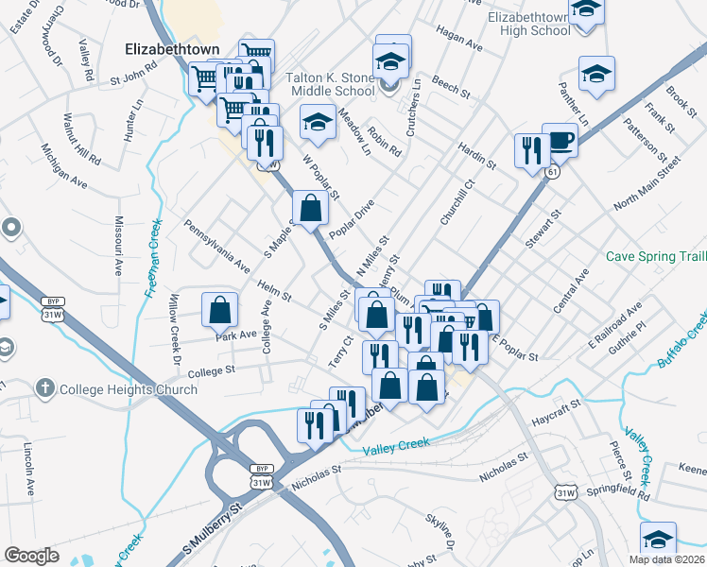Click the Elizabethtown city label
[172, 48]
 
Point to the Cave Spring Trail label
[655, 257]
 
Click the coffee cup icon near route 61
[560, 141]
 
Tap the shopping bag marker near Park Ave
[219, 309]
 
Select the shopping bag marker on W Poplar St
[310, 207]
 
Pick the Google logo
[32, 555]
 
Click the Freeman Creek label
[153, 259]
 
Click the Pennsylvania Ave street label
[216, 243]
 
